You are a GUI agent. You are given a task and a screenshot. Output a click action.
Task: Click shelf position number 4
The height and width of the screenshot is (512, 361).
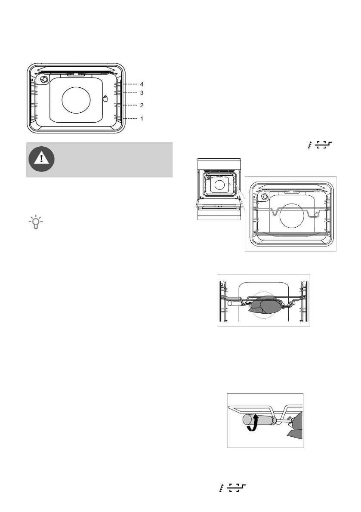[x=142, y=85]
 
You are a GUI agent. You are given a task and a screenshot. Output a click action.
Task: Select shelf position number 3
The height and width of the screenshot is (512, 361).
[x=142, y=93]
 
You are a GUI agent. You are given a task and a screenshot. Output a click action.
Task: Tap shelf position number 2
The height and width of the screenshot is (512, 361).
[x=142, y=105]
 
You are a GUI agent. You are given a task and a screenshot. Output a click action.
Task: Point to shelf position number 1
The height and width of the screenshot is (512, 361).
[x=142, y=118]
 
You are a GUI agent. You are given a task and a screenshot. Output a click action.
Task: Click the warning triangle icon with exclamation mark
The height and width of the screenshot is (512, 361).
[x=41, y=160]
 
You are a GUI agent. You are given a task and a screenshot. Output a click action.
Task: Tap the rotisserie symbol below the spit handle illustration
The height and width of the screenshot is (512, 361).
[x=232, y=487]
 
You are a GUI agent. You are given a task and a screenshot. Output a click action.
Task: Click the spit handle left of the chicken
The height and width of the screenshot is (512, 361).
[x=236, y=304]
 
